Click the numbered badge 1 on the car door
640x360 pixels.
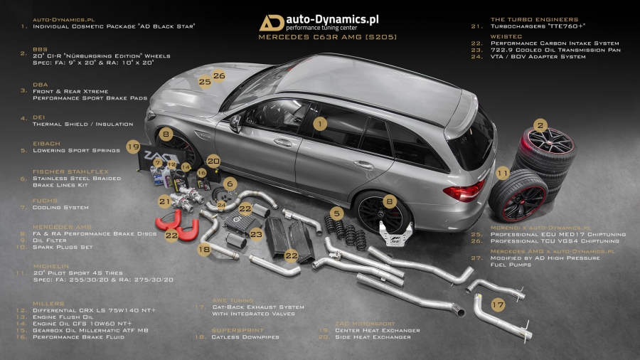(321, 123)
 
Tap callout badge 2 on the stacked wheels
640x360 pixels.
(540, 125)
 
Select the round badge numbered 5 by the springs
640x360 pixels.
(338, 212)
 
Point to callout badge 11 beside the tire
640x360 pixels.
(502, 173)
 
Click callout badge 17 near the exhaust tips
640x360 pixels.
(498, 305)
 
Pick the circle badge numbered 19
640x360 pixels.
(133, 147)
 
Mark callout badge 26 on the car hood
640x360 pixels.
(219, 75)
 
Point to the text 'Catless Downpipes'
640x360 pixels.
(245, 337)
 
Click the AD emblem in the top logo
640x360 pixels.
(272, 23)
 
